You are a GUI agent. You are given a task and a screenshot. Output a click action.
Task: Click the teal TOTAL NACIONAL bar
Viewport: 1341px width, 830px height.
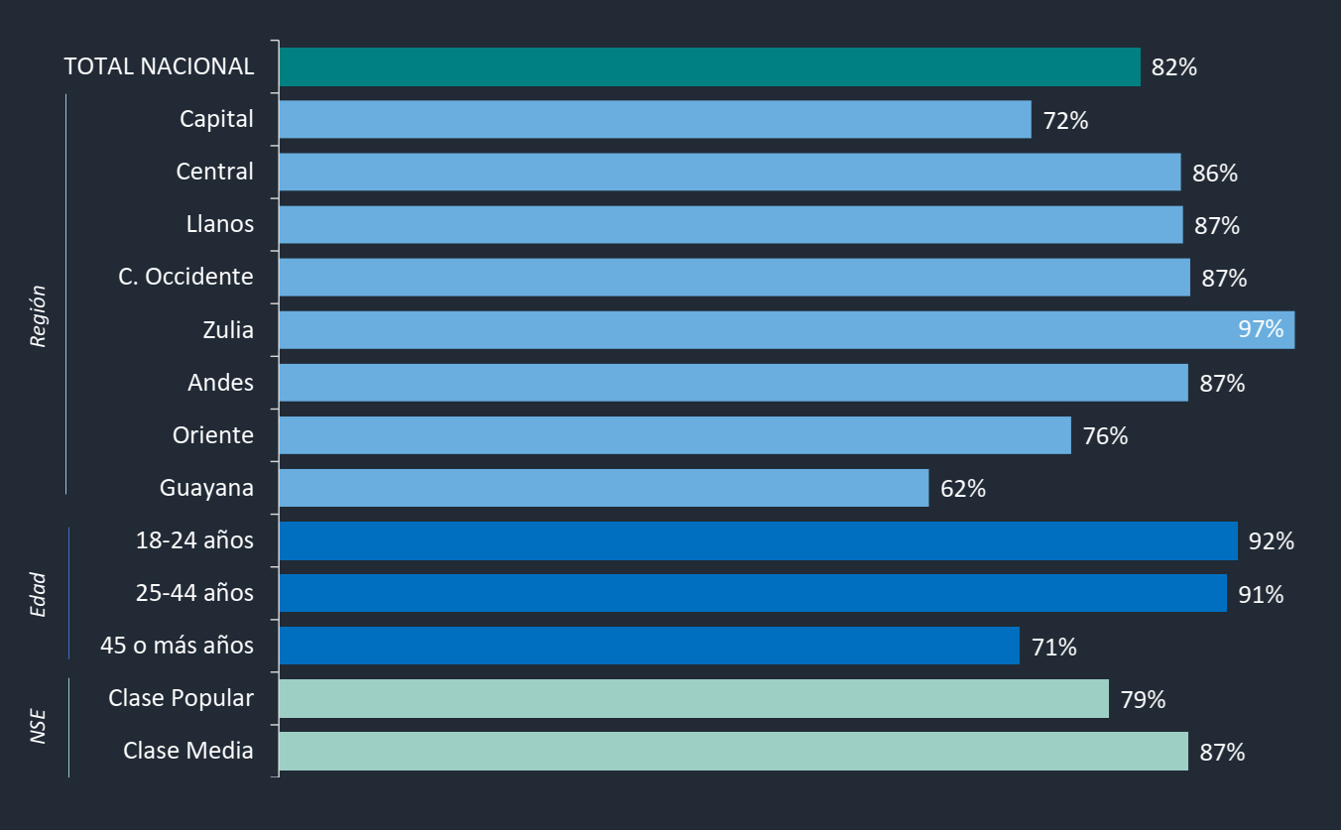coord(709,67)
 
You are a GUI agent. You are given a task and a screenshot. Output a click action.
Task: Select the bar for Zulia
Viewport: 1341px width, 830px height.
coord(786,330)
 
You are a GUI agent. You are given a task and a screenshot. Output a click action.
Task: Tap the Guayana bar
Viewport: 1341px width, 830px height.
coord(603,488)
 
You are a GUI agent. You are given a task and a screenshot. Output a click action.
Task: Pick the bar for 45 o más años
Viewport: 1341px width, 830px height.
coord(649,646)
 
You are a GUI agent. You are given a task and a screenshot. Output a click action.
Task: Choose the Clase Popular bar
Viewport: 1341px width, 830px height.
coord(693,698)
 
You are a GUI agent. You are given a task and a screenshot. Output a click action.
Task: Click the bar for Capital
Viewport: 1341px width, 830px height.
coord(655,120)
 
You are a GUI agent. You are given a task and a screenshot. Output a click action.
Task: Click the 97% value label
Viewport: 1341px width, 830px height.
coord(1261,329)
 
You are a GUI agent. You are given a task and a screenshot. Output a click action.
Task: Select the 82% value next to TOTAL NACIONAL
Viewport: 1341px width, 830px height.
coord(1174,68)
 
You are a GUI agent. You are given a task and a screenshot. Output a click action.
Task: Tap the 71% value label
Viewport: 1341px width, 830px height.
coord(1054,648)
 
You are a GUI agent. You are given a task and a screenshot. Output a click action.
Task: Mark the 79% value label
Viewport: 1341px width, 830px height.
coord(1143,699)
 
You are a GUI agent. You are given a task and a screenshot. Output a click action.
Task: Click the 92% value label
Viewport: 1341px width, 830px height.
coord(1272,541)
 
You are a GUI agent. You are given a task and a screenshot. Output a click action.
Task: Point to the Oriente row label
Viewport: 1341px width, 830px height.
coord(212,435)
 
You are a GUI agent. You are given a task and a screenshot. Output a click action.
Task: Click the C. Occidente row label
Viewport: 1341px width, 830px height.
coord(185,277)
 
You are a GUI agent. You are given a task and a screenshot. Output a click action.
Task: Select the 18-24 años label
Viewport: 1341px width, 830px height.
coord(194,540)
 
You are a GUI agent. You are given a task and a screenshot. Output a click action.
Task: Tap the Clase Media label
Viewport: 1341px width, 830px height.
coord(188,751)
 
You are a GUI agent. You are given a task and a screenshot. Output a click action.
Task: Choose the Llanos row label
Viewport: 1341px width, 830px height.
coord(220,224)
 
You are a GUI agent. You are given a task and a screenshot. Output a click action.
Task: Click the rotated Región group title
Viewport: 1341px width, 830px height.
coord(39,316)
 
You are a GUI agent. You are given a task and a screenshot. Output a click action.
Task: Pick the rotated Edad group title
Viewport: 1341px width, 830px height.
coord(39,594)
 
